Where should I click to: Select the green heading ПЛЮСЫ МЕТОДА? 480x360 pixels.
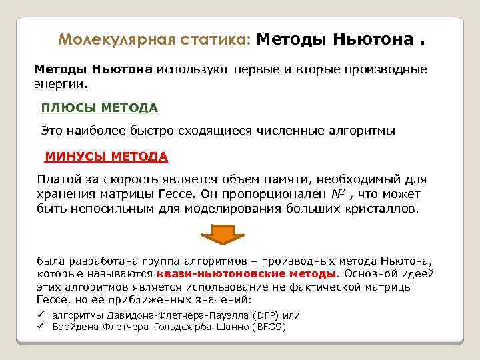99,108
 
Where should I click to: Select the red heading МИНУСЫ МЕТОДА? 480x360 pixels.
106,157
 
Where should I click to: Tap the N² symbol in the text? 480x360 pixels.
340,193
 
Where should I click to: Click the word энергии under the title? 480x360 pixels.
60,85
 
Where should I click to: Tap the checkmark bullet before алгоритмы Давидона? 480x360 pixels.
41,315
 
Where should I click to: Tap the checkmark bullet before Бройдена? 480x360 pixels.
41,326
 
